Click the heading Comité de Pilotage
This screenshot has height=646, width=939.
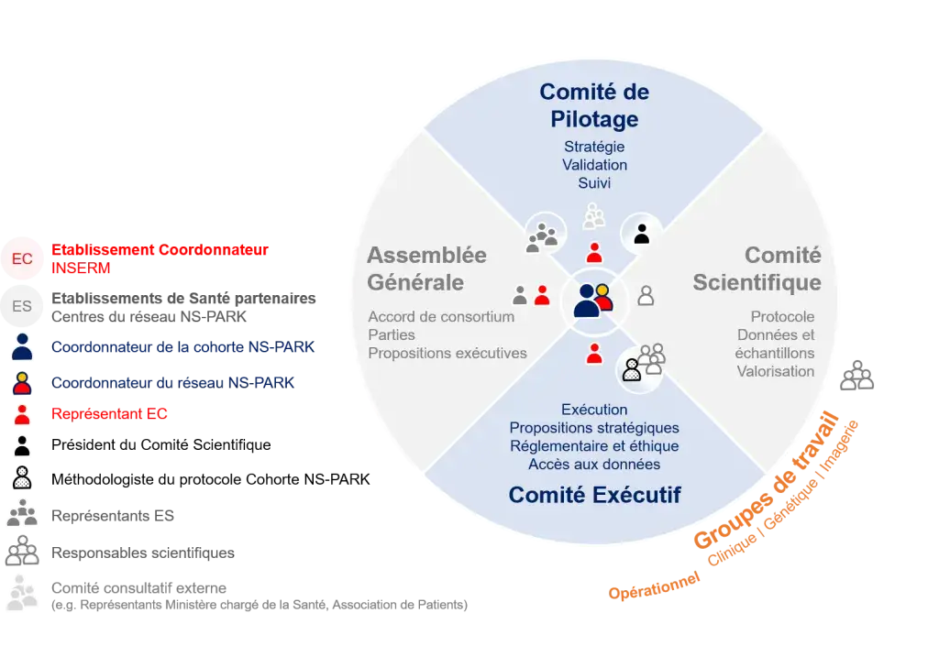594,105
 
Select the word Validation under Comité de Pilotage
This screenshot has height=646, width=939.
594,165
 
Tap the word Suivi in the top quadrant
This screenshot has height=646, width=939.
594,183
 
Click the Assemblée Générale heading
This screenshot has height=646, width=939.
426,268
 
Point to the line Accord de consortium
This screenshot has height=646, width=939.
441,317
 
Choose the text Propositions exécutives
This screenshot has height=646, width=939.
447,354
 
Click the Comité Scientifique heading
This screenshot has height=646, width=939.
757,268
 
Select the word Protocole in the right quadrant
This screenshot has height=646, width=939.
782,317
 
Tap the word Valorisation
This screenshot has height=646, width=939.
776,371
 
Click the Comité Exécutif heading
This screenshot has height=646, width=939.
594,496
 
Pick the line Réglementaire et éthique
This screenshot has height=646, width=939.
594,446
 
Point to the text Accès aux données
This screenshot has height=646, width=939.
594,465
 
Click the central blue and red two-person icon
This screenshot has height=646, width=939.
592,300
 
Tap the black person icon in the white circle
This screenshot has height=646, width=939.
642,234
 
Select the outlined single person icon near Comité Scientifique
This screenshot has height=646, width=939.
646,295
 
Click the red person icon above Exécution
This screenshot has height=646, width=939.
594,352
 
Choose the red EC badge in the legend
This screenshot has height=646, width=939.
22,259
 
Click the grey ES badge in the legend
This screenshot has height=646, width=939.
22,307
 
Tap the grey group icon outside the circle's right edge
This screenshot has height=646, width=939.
857,376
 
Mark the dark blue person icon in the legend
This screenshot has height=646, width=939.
22,347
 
